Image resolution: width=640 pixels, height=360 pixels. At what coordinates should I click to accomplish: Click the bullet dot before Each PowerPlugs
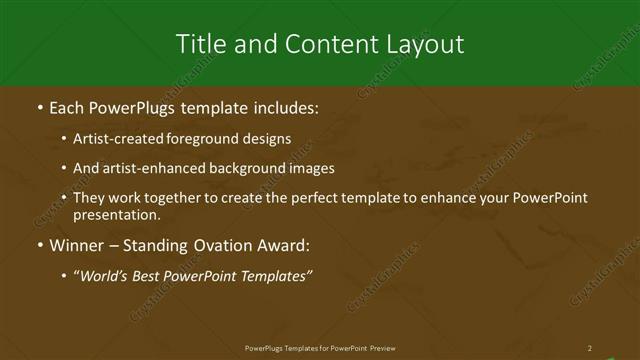pos(39,106)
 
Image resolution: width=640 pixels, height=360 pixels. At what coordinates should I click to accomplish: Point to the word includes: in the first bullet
pos(288,106)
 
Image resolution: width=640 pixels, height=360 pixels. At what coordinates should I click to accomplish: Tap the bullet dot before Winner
pos(39,244)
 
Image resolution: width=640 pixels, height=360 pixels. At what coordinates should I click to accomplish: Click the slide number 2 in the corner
pos(589,348)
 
